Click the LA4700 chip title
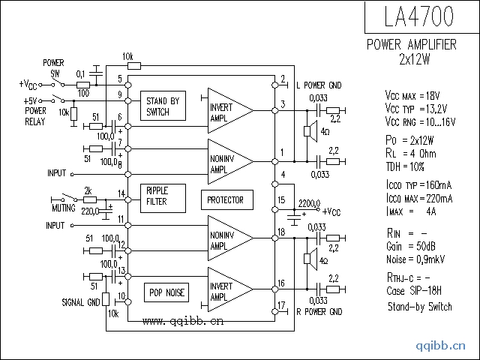click(418, 16)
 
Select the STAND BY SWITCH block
click(163, 106)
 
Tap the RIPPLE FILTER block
click(163, 198)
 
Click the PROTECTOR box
click(226, 200)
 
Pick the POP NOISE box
click(166, 292)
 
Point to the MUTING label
click(64, 208)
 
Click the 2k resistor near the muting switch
click(90, 200)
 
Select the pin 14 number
click(121, 193)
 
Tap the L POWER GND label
click(319, 85)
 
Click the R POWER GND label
click(319, 312)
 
